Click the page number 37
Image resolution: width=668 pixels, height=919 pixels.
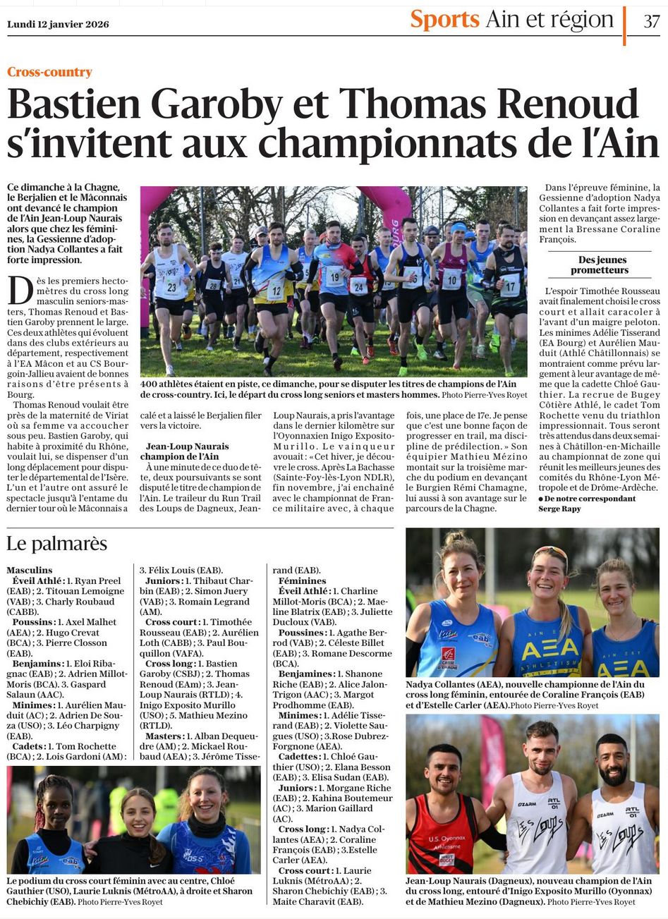[x=651, y=21]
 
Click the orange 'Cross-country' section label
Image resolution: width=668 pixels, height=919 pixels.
[x=49, y=72]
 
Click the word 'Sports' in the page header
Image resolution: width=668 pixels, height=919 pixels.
[x=444, y=20]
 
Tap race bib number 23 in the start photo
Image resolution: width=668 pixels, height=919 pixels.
[x=170, y=286]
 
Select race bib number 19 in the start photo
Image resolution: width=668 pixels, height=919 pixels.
[x=334, y=275]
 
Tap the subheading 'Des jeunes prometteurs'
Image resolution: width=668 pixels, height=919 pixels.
[x=599, y=265]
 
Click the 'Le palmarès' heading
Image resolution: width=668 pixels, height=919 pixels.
[x=56, y=544]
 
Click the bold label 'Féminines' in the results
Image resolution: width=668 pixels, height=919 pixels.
[x=302, y=580]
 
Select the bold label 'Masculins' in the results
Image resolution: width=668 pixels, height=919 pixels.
[x=30, y=570]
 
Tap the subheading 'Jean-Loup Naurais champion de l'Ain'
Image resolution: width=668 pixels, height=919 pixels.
[x=187, y=451]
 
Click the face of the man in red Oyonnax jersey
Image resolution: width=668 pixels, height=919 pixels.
[x=443, y=770]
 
